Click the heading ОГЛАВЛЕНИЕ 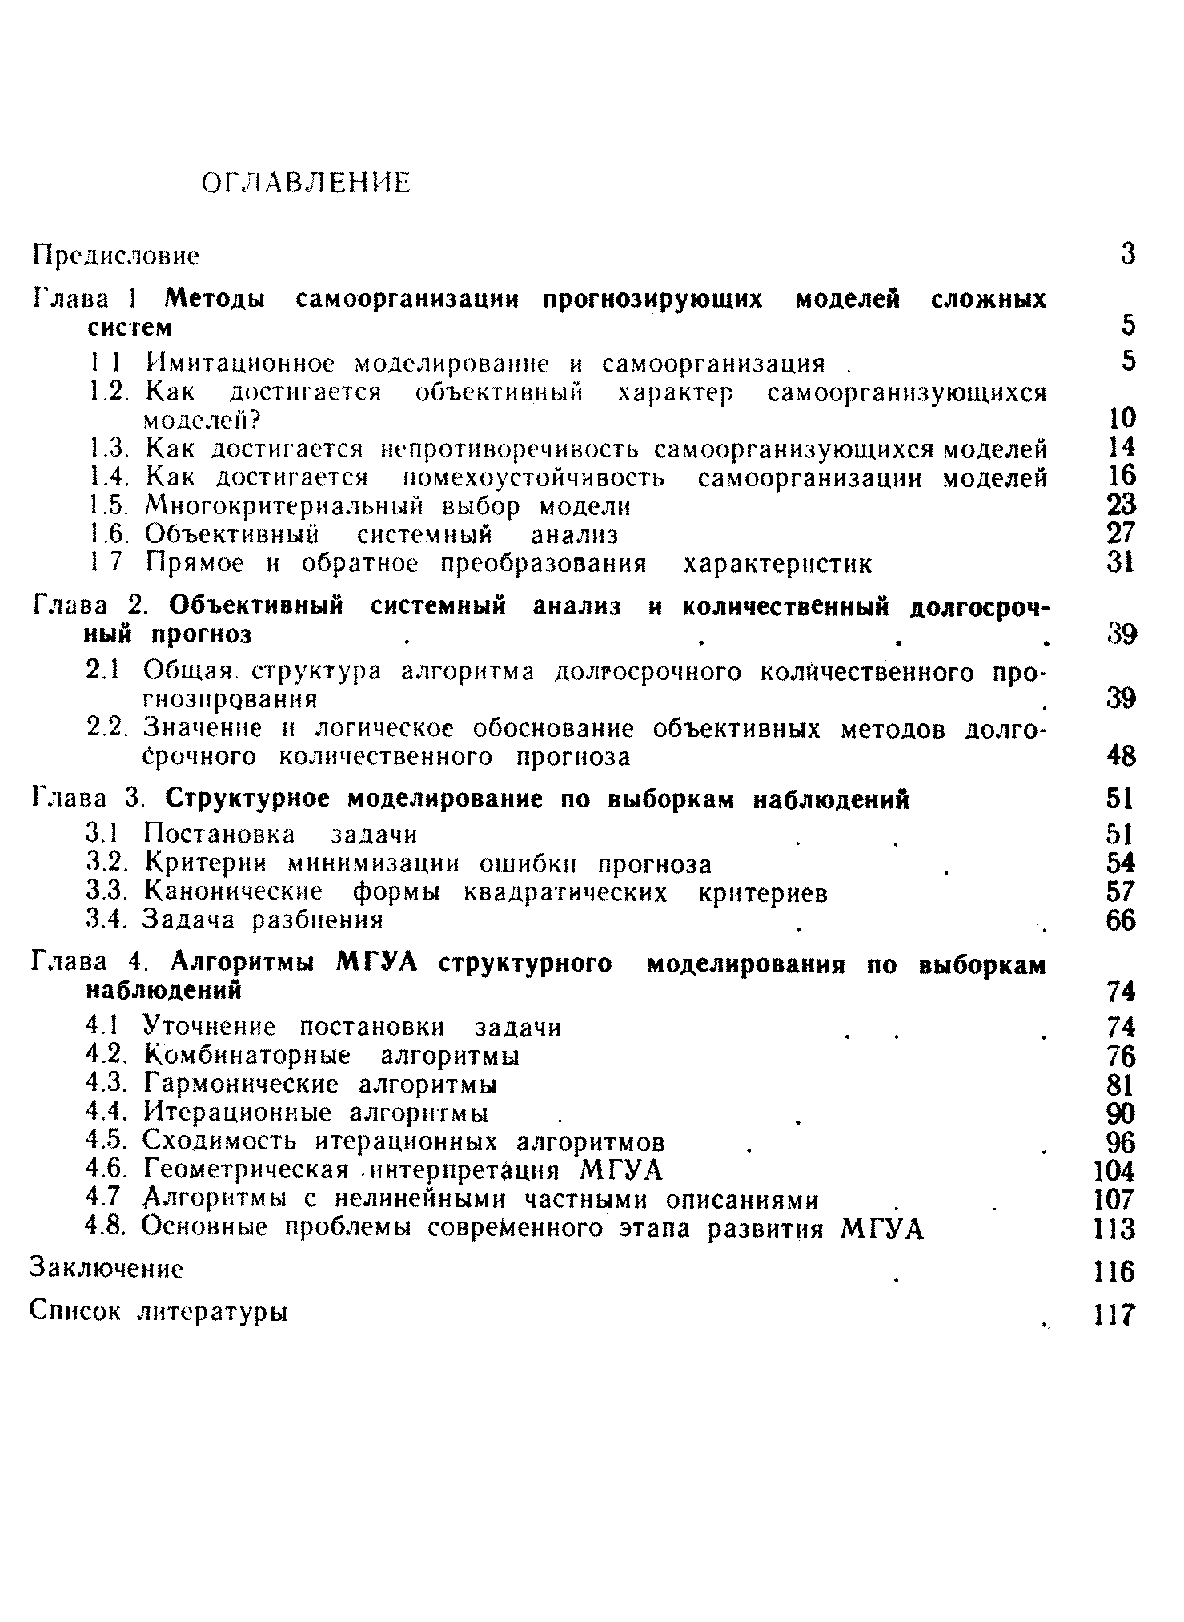click(305, 183)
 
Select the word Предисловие click(114, 256)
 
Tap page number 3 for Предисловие click(1127, 254)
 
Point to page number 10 click(1122, 417)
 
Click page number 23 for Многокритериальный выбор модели click(1122, 505)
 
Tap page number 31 click(1122, 563)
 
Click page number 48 click(1122, 755)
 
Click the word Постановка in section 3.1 click(219, 835)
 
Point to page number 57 click(1122, 891)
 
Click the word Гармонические click(241, 1085)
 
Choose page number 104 click(1114, 1172)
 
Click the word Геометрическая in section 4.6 click(247, 1171)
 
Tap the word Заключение click(106, 1269)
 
